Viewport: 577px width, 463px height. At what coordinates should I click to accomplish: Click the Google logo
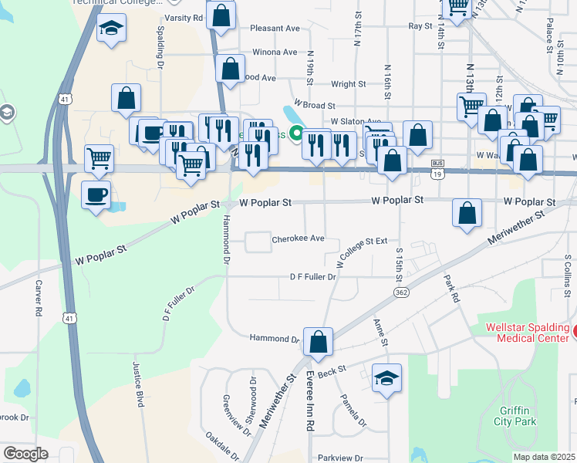click(26, 453)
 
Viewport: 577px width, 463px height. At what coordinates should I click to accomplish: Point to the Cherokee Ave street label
click(298, 239)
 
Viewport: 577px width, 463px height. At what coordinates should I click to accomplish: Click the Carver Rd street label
click(38, 298)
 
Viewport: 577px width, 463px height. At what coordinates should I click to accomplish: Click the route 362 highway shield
click(400, 292)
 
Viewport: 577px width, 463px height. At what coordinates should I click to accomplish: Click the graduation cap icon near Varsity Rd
click(112, 29)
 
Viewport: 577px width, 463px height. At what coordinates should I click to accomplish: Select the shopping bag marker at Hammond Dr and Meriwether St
click(318, 341)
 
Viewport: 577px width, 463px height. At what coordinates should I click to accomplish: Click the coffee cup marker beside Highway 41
click(96, 194)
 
